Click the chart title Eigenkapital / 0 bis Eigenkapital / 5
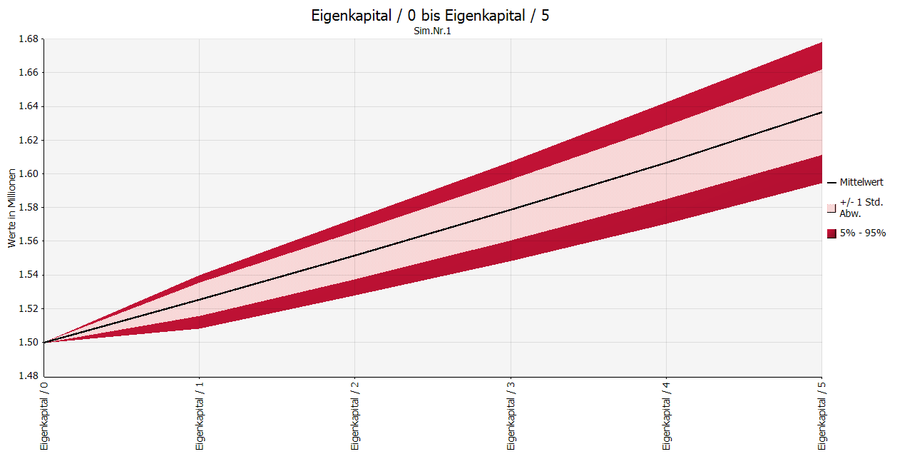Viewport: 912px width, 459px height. pyautogui.click(x=430, y=16)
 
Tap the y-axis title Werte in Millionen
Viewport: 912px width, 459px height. pyautogui.click(x=11, y=208)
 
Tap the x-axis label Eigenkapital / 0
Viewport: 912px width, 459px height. pyautogui.click(x=44, y=415)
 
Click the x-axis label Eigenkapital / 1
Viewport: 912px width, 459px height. pyautogui.click(x=200, y=415)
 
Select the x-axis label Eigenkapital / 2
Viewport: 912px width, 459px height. pyautogui.click(x=355, y=415)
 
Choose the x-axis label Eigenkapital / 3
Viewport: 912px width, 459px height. pyautogui.click(x=511, y=415)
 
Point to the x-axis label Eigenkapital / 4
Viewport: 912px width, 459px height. pyautogui.click(x=666, y=415)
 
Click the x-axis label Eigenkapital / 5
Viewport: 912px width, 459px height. pyautogui.click(x=821, y=415)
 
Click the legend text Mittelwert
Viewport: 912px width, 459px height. pyautogui.click(x=861, y=182)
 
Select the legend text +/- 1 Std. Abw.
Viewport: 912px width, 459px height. pyautogui.click(x=861, y=208)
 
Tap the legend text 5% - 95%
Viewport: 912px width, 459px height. pyautogui.click(x=863, y=233)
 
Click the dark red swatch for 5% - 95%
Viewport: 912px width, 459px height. pyautogui.click(x=831, y=233)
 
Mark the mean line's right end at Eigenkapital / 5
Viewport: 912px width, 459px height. pyautogui.click(x=821, y=112)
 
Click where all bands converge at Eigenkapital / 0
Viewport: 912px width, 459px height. pyautogui.click(x=44, y=343)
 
